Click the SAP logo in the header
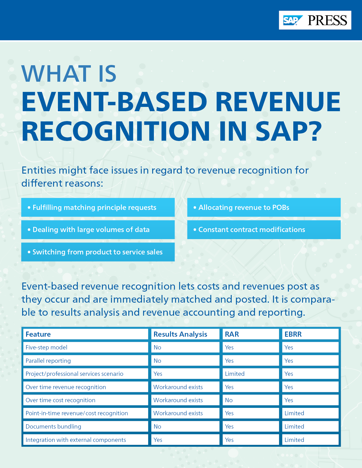pos(292,20)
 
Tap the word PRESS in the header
pos(327,20)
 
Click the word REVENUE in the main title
pos(278,102)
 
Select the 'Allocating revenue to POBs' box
pos(264,207)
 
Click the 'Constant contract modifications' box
pos(264,230)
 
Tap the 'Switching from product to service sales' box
pos(98,252)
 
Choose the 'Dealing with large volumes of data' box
pos(98,230)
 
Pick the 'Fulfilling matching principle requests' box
pos(98,207)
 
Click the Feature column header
pos(38,334)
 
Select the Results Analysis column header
pos(180,334)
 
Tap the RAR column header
pos(232,334)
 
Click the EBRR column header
pos(293,334)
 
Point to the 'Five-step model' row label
pos(47,347)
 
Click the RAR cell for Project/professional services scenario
pos(235,374)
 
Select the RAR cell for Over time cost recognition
pos(229,400)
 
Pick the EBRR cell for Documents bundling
pos(294,427)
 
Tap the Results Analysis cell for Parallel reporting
pos(157,361)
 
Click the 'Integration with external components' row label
pos(76,440)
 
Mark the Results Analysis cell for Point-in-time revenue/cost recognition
pos(178,413)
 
